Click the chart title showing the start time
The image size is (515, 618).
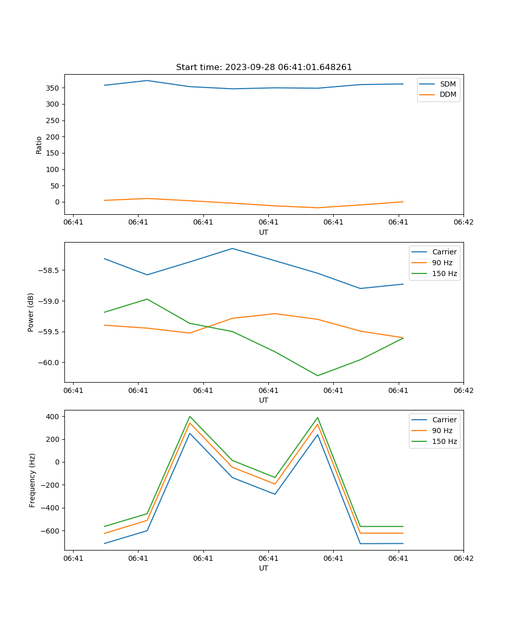click(264, 67)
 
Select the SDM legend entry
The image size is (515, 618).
click(448, 83)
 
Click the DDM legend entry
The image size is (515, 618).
click(448, 94)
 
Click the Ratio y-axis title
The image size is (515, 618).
click(39, 145)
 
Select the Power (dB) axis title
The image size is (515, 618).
click(31, 312)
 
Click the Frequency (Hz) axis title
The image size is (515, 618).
click(32, 480)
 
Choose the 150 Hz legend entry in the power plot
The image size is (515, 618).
click(444, 273)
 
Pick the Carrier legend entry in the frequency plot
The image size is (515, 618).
click(444, 420)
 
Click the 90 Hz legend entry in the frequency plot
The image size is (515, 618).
click(442, 431)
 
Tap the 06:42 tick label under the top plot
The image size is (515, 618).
click(463, 222)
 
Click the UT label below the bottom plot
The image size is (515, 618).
click(264, 568)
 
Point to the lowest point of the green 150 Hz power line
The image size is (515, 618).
click(317, 375)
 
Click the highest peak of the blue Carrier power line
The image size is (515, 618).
click(232, 248)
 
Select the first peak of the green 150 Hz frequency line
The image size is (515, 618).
click(190, 416)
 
